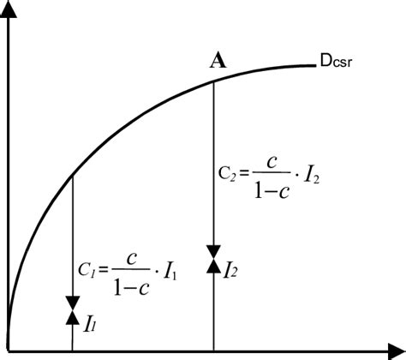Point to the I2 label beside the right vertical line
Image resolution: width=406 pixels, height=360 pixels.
[230, 272]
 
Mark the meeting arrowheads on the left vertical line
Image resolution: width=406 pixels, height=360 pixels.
[72, 311]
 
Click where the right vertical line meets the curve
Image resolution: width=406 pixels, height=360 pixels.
[212, 82]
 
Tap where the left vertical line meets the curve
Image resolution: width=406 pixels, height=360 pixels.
[72, 176]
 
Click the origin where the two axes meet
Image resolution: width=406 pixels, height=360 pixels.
[9, 351]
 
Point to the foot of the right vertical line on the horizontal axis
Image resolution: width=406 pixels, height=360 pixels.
[212, 351]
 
